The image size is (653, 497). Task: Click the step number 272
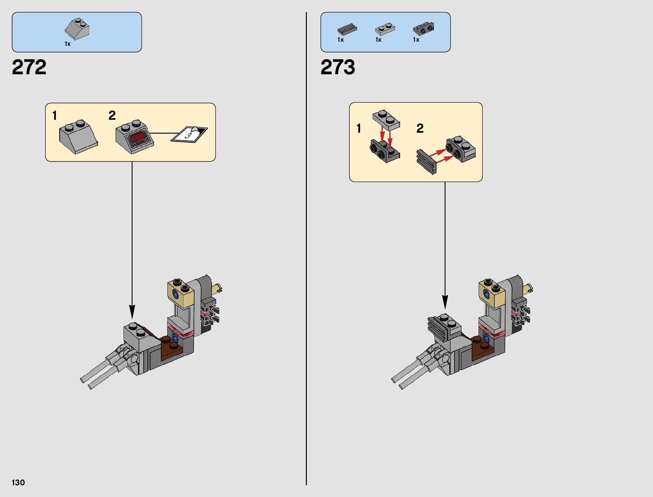click(x=29, y=68)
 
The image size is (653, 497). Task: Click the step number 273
click(x=338, y=68)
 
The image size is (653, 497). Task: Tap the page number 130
click(x=18, y=482)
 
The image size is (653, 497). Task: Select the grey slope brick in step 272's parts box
click(x=77, y=29)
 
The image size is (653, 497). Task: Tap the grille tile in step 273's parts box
click(x=347, y=29)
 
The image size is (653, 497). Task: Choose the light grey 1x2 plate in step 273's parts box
click(x=385, y=29)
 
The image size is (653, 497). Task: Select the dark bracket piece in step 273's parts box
click(x=423, y=29)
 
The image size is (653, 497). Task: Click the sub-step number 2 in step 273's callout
click(x=420, y=129)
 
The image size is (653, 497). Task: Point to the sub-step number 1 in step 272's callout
click(x=55, y=116)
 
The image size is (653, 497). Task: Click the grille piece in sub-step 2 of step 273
click(x=426, y=161)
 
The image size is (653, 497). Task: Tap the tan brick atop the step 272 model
click(x=181, y=292)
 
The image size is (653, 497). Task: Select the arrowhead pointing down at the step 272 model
click(x=132, y=311)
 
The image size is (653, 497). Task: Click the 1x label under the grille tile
click(x=340, y=40)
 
